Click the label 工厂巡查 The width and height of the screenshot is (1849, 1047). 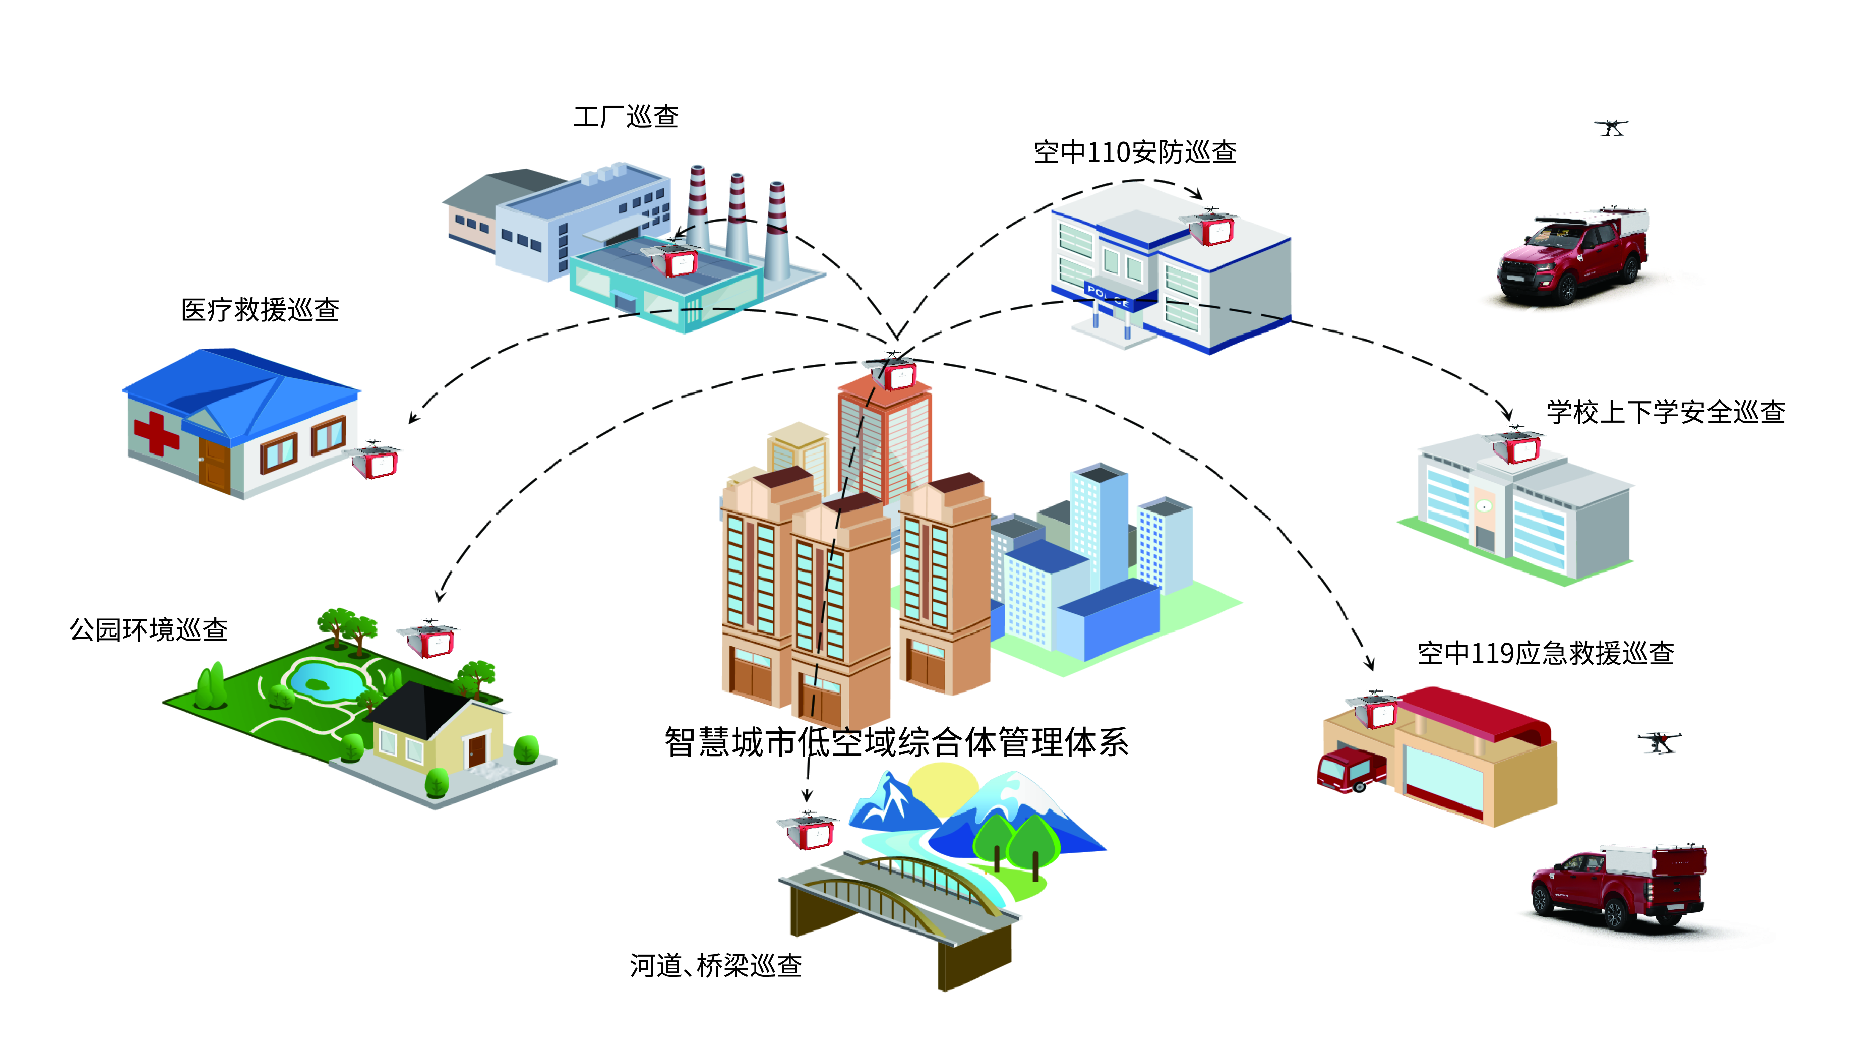tap(626, 117)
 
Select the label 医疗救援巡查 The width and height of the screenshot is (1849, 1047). tap(260, 310)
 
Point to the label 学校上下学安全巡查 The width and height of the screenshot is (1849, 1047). tap(1666, 412)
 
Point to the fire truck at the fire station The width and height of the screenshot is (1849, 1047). tap(1350, 769)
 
